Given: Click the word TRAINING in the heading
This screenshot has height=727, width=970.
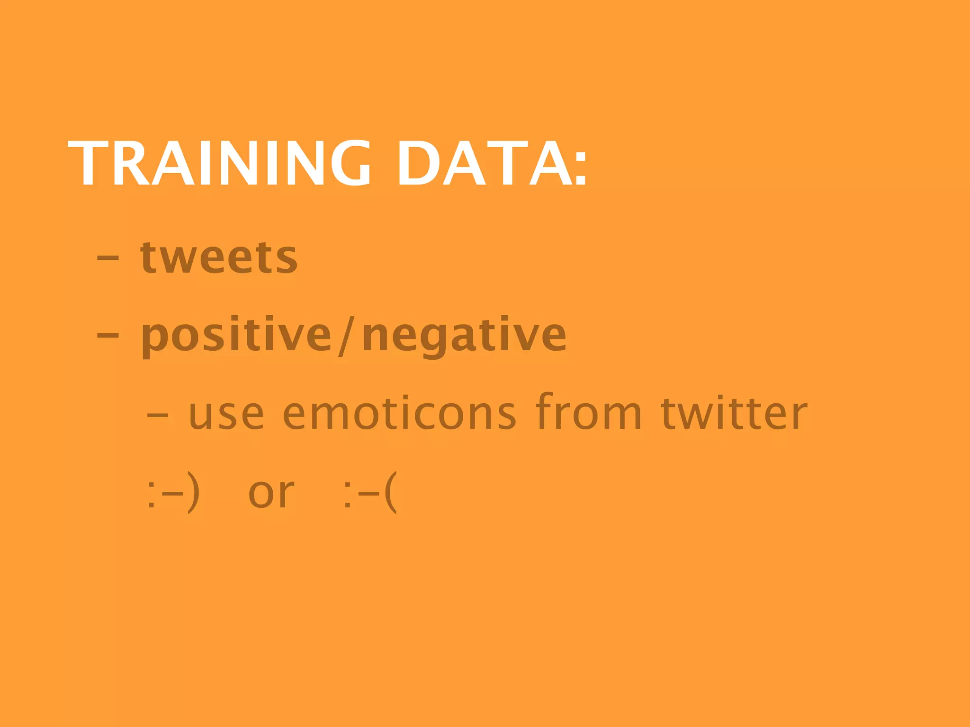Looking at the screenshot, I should coord(219,163).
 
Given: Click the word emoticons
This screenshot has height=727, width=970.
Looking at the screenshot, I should coord(399,414).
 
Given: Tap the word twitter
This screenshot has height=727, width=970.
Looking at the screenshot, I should coord(734,413).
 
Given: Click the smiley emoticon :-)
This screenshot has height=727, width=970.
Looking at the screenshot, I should coord(173,492).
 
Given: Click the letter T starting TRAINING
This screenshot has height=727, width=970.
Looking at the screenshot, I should coord(90,163).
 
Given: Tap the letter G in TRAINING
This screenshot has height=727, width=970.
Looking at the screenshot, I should coord(350,163).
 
